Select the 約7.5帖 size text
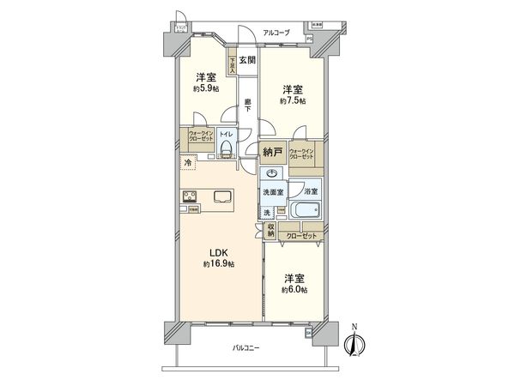(x=293, y=101)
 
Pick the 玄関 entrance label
(x=247, y=59)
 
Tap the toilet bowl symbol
(x=226, y=150)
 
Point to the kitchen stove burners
(x=189, y=195)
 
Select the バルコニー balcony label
(x=248, y=347)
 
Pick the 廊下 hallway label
(x=247, y=105)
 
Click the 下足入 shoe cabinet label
(x=232, y=65)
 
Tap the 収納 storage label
(x=270, y=229)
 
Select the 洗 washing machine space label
(x=266, y=211)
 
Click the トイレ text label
(x=225, y=135)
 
